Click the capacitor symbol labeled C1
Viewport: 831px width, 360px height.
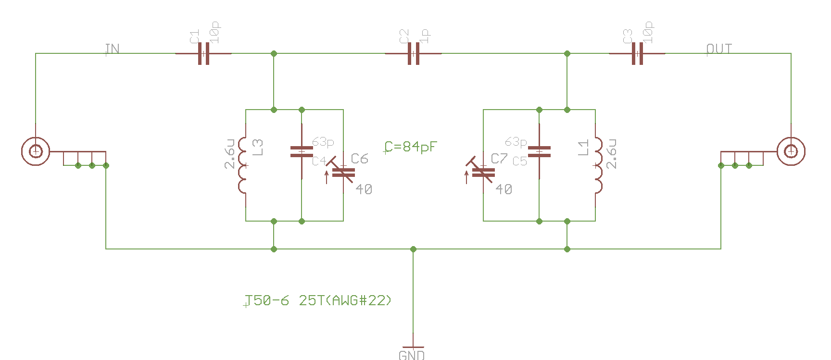click(x=203, y=53)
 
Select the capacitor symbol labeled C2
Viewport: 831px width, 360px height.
click(x=413, y=53)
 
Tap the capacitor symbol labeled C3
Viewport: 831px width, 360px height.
click(x=637, y=53)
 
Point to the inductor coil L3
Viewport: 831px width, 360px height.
click(x=242, y=165)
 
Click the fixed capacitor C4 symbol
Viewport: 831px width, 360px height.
click(x=302, y=151)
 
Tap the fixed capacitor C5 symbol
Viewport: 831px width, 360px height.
click(x=539, y=151)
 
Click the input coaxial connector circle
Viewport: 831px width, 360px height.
click(x=36, y=151)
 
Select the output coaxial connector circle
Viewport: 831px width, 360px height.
click(x=791, y=151)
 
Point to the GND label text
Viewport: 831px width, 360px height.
click(x=412, y=355)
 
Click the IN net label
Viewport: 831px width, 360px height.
click(x=112, y=49)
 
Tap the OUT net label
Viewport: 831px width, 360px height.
click(x=719, y=49)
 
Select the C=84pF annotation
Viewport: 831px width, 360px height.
click(x=411, y=147)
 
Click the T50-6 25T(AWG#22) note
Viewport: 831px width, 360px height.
click(x=318, y=300)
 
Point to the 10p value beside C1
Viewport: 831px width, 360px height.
click(x=215, y=32)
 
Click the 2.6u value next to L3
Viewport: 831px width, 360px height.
click(x=230, y=154)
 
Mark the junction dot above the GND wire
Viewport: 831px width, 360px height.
click(x=413, y=249)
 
